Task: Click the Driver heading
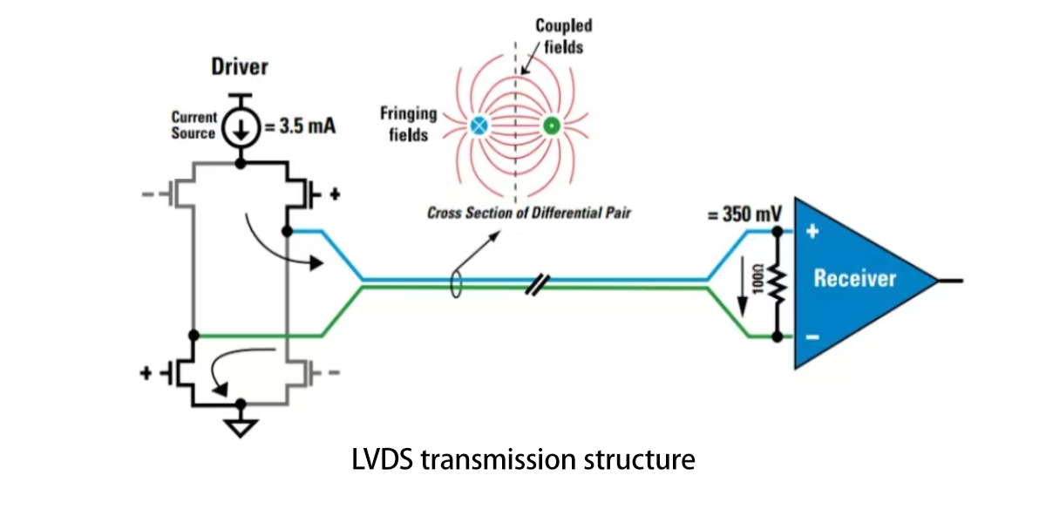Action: [x=240, y=67]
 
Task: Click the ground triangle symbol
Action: [x=241, y=427]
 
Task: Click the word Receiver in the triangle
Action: [x=854, y=278]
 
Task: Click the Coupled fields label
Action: [x=563, y=37]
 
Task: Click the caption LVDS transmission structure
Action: [x=523, y=458]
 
